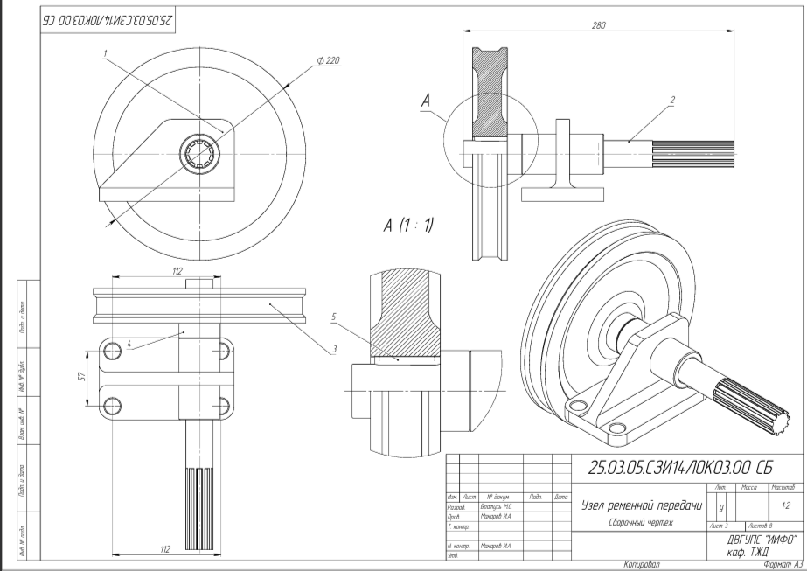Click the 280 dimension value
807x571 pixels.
pyautogui.click(x=599, y=25)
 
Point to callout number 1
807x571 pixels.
pyautogui.click(x=104, y=53)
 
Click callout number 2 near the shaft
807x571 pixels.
pyautogui.click(x=672, y=100)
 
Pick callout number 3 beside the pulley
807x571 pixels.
pyautogui.click(x=333, y=350)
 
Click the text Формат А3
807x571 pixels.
pyautogui.click(x=783, y=565)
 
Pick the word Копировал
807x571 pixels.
pyautogui.click(x=642, y=565)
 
